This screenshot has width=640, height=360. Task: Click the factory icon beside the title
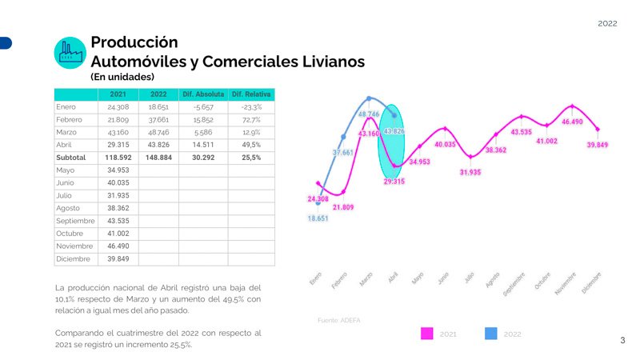point(70,53)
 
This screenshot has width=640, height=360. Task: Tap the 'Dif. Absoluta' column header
point(203,94)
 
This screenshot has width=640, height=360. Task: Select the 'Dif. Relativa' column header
point(251,94)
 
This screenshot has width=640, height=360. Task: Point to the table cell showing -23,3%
point(251,106)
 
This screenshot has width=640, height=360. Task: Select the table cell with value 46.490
point(118,246)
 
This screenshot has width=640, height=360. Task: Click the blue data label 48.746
point(369,114)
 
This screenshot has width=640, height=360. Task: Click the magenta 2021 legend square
point(426,334)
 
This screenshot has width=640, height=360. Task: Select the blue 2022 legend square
point(490,334)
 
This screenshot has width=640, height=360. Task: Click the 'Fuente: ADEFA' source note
point(338,320)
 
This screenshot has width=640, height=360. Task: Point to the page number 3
point(622,341)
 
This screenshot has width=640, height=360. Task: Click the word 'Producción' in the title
point(134,42)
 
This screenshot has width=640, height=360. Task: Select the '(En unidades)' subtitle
point(122,78)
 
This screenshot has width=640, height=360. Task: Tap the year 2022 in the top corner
point(607,24)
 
